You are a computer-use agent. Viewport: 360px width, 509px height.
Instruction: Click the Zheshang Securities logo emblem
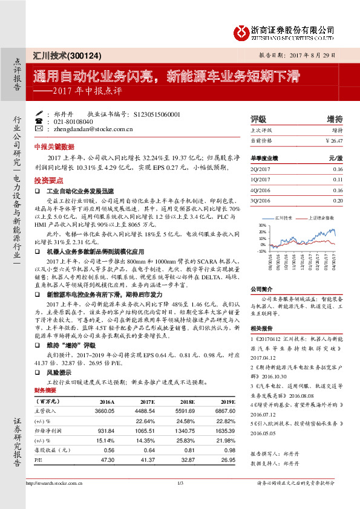pyautogui.click(x=241, y=30)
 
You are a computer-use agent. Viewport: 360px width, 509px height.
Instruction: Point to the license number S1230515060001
pyautogui.click(x=155, y=114)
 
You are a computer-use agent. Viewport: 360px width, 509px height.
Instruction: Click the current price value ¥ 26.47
pyautogui.click(x=333, y=140)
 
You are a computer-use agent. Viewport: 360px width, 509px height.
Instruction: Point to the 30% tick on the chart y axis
pyautogui.click(x=262, y=224)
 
